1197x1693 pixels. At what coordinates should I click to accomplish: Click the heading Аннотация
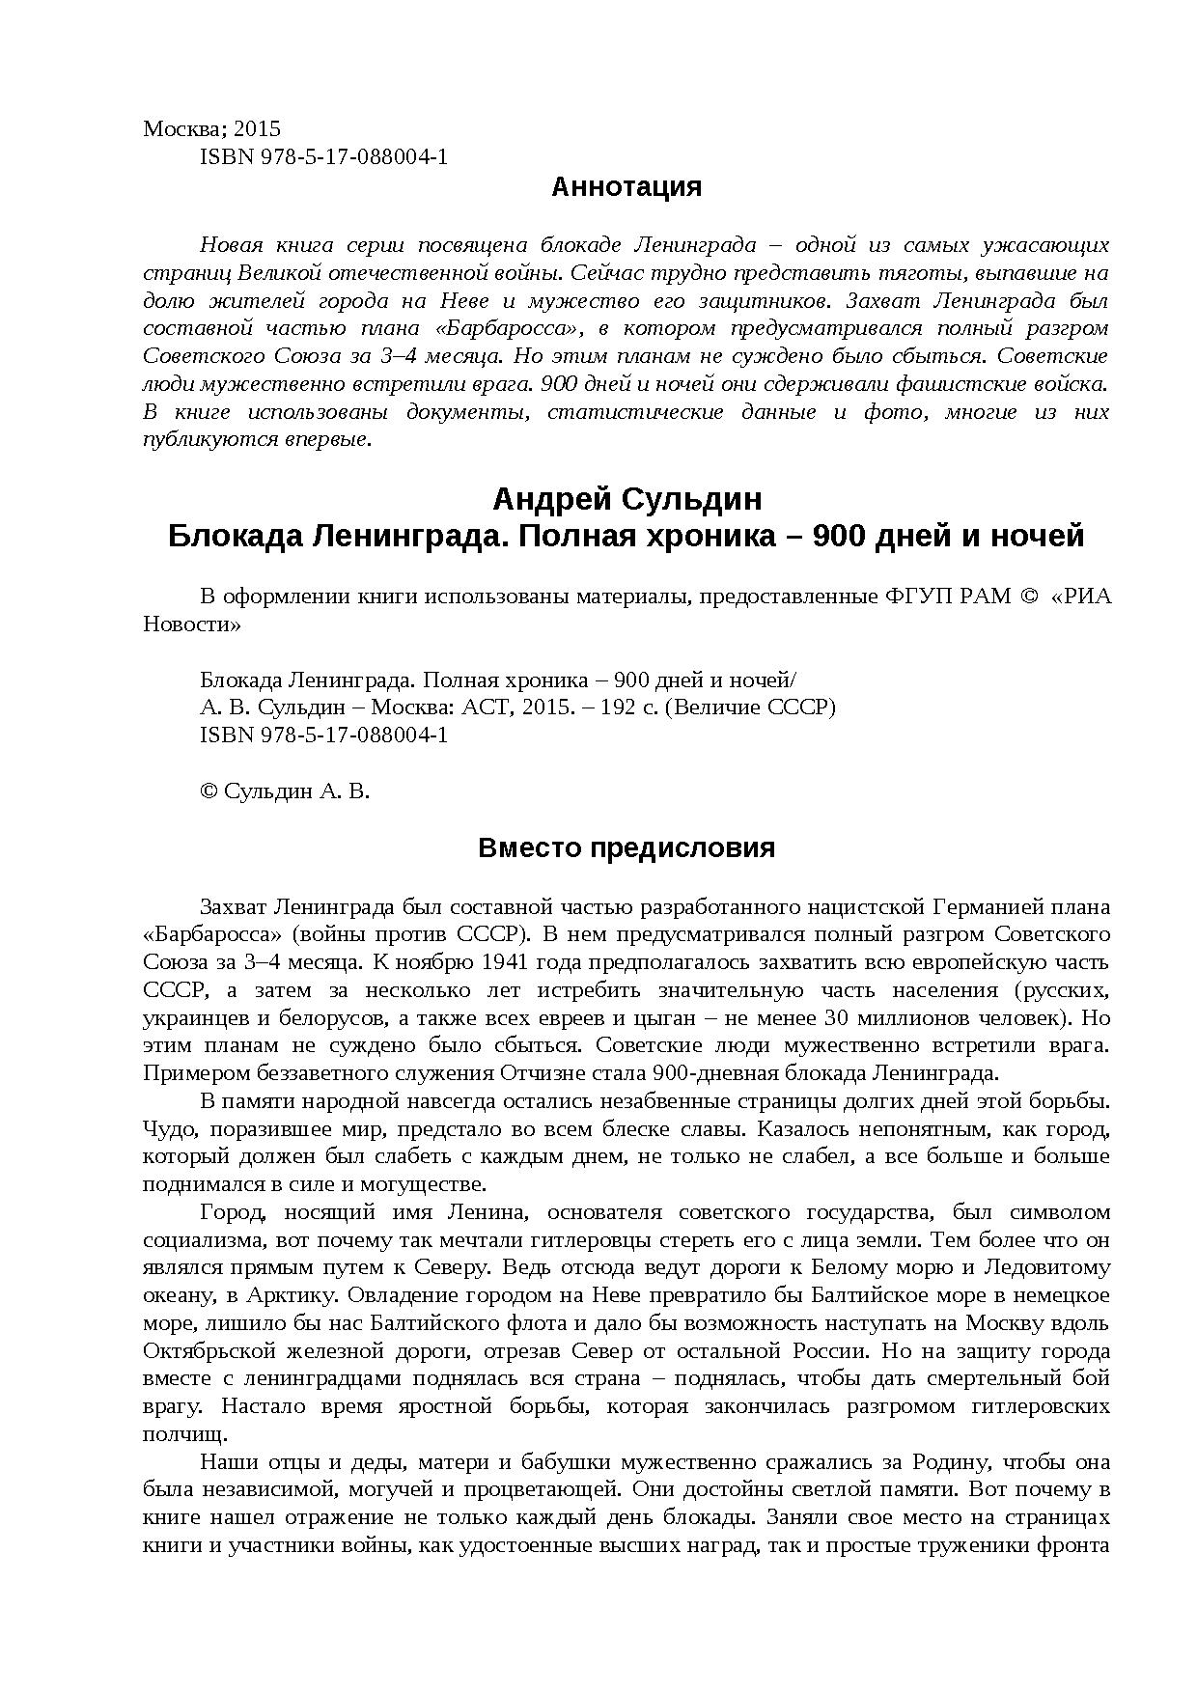pyautogui.click(x=626, y=187)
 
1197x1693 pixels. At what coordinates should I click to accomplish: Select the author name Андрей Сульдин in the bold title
pyautogui.click(x=626, y=499)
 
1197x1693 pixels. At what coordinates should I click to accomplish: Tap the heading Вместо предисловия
pyautogui.click(x=626, y=848)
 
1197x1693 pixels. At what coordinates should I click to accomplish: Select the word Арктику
pyautogui.click(x=277, y=1295)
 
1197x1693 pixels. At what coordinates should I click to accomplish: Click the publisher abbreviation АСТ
pyautogui.click(x=486, y=708)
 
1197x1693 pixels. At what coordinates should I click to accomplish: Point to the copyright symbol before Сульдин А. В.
pyautogui.click(x=209, y=792)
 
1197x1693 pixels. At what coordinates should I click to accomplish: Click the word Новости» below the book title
pyautogui.click(x=192, y=624)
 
